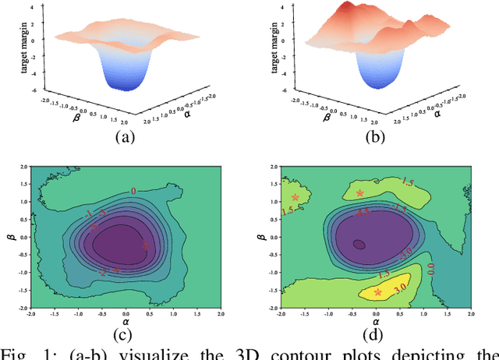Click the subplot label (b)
tap(375, 138)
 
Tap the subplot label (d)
tap(375, 337)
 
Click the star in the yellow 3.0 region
tap(378, 292)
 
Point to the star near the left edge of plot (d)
tap(295, 197)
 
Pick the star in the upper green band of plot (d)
tap(359, 193)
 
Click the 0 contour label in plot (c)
tap(133, 190)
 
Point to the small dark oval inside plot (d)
tap(359, 244)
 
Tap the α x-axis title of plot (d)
tap(375, 320)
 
